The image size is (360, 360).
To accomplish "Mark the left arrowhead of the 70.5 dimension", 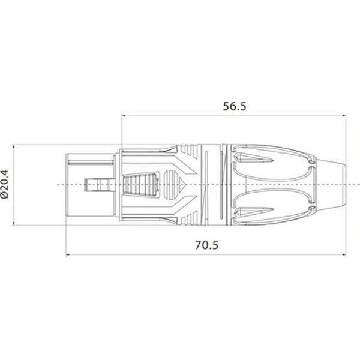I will pyautogui.click(x=68, y=255).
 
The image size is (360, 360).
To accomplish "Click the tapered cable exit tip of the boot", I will pyautogui.click(x=336, y=184).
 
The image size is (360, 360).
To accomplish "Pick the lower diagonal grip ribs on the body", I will pyautogui.click(x=180, y=210).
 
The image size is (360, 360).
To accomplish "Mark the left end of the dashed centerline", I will pyautogui.click(x=59, y=184).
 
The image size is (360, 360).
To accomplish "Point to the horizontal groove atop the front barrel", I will pyautogui.click(x=90, y=158).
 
